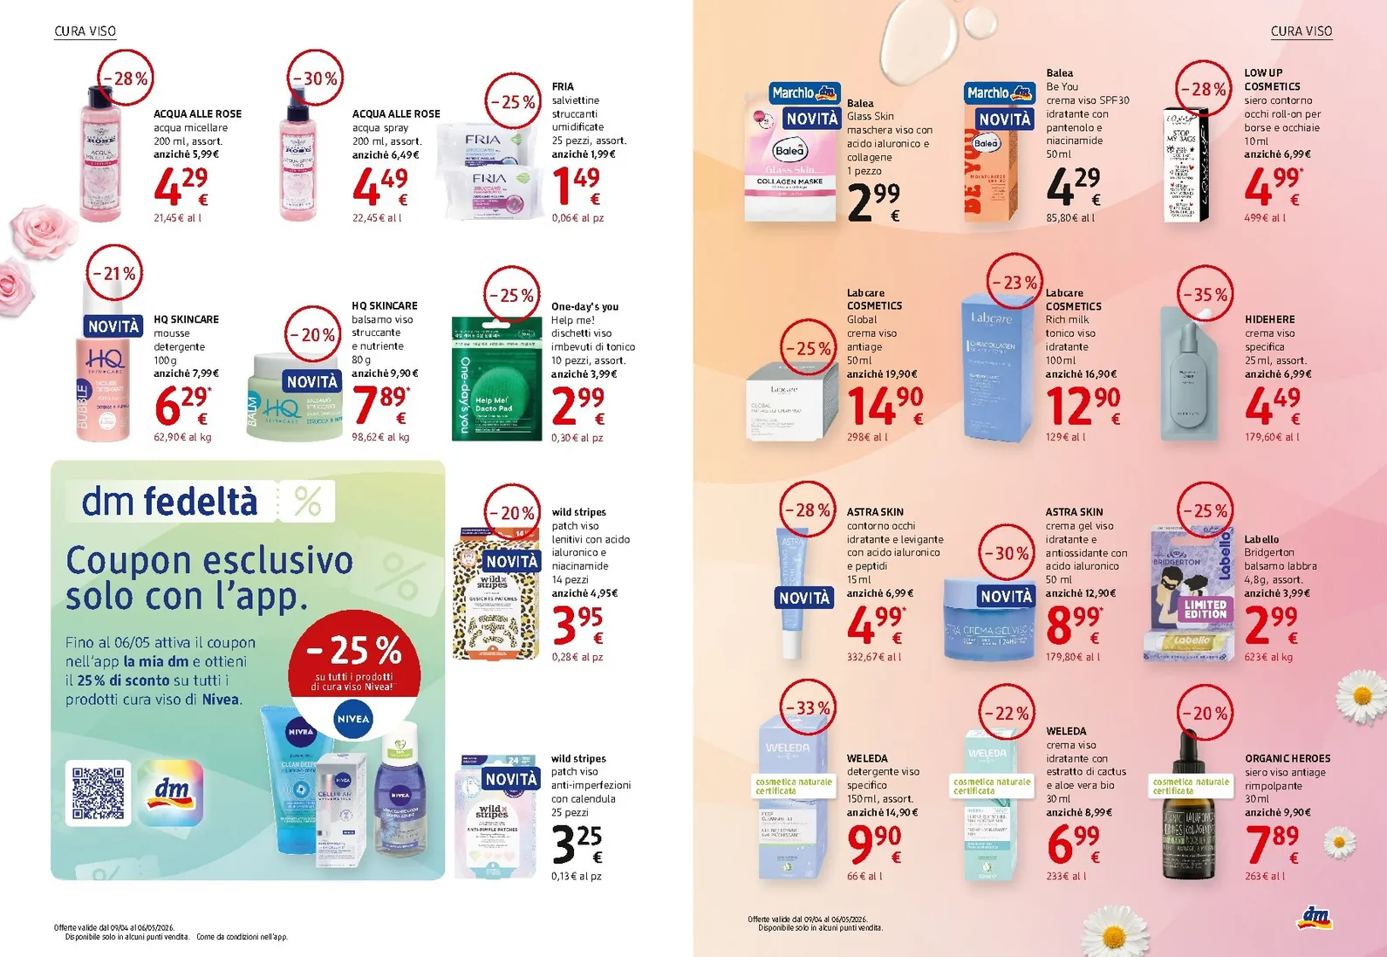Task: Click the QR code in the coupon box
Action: pos(98,793)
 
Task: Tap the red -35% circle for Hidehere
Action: pos(1204,295)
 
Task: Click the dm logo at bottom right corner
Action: pos(1315,917)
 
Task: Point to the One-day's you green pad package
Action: pos(495,378)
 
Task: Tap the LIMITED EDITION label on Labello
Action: pos(1205,609)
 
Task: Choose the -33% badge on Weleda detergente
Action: pos(807,707)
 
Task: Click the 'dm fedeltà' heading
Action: pos(170,502)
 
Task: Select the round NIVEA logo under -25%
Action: pos(353,720)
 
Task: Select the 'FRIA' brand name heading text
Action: pos(563,86)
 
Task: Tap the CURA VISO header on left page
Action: pos(85,31)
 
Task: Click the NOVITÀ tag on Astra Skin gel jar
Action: pos(1006,597)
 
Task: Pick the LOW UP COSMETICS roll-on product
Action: pos(1186,166)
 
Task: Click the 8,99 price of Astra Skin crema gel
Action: pos(1073,625)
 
